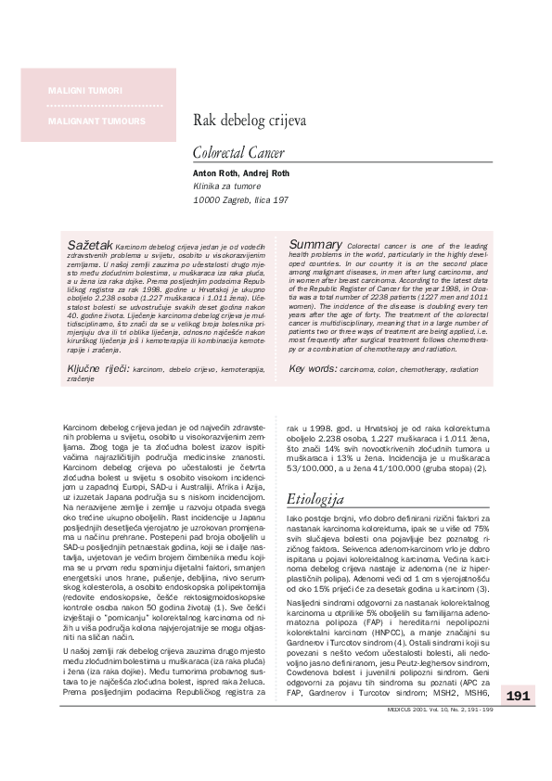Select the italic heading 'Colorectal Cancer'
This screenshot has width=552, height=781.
(x=238, y=152)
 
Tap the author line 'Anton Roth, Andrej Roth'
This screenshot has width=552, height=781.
(x=241, y=173)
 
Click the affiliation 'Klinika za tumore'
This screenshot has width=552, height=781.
(x=226, y=186)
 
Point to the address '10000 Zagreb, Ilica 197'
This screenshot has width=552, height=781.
(x=240, y=199)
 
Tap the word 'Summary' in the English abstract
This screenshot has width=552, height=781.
(x=316, y=243)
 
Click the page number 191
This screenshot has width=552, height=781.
(x=518, y=721)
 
